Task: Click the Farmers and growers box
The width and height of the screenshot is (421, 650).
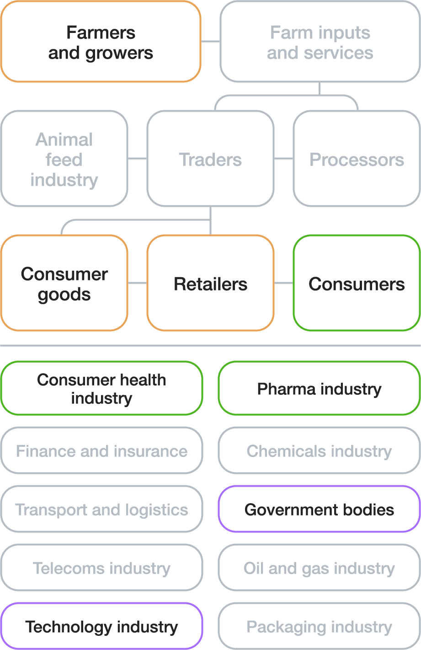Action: point(101,42)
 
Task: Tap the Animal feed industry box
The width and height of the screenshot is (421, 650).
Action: point(64,159)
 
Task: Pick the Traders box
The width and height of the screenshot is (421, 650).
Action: point(210,159)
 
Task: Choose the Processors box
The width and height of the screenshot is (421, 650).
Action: point(357,159)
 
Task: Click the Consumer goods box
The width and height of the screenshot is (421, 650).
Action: point(64,283)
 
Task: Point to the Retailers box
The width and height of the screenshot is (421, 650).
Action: point(210,283)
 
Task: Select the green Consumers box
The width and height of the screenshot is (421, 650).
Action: point(357,283)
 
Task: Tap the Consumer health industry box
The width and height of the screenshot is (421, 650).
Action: point(101,388)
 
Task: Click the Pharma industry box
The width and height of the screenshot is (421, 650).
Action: point(319,388)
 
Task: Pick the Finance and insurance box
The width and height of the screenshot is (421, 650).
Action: point(101,451)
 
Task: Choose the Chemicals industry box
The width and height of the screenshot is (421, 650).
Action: point(319,451)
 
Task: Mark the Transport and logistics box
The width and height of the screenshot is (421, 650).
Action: point(101,509)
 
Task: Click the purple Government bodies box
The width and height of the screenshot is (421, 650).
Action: point(319,509)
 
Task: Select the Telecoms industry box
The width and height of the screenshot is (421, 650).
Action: point(101,568)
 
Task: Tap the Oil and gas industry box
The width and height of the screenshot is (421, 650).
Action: point(319,568)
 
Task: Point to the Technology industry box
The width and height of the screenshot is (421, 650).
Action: point(101,626)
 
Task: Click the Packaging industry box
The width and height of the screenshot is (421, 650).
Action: point(319,626)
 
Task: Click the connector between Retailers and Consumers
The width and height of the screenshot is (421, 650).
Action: point(283,283)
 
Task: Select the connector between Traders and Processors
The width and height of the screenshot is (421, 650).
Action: point(283,159)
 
